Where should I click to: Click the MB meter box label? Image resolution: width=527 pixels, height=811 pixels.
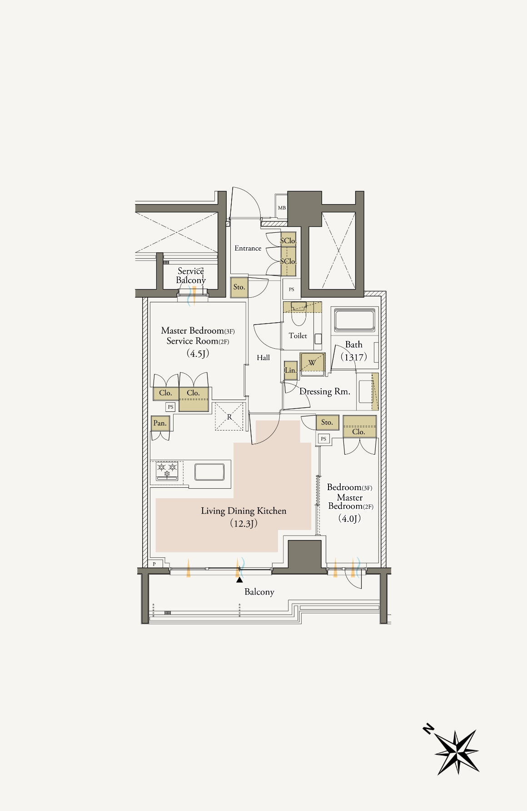pos(282,208)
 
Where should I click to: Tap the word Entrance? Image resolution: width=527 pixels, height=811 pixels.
pos(248,248)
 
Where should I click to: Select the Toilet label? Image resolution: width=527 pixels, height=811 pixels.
pos(298,335)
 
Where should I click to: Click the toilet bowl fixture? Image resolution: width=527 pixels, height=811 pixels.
pos(298,314)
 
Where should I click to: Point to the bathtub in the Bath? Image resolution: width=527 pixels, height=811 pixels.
pos(354,320)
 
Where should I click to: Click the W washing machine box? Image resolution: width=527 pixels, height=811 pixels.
pos(313,363)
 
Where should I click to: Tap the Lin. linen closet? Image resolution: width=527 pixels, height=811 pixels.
pos(290,370)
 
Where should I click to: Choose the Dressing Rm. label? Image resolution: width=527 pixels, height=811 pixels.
pos(325,391)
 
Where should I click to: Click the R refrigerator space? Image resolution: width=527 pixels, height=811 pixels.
pos(229,416)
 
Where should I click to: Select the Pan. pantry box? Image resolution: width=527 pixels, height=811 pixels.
pos(160,423)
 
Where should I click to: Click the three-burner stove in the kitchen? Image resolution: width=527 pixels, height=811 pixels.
pos(167,471)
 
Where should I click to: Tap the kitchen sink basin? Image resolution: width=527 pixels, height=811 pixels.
pos(209,471)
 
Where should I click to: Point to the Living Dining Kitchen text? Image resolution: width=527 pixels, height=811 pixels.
pos(244,511)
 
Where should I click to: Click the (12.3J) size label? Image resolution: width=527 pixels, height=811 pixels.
pos(244,524)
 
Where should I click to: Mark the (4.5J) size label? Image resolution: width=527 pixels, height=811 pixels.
pos(198,353)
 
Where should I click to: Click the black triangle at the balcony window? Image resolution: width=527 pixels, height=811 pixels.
pos(239,580)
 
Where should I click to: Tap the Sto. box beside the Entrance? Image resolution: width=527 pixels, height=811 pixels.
pos(239,287)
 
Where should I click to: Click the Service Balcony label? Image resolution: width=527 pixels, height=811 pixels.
pos(191,275)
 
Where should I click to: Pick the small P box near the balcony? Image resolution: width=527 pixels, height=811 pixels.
pos(154,564)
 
